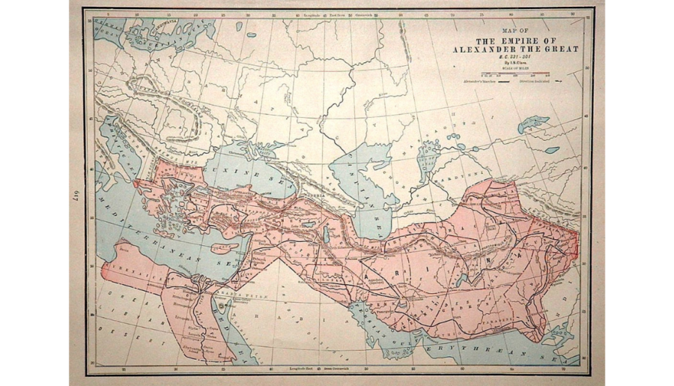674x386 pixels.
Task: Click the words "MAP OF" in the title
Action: pos(514,31)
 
